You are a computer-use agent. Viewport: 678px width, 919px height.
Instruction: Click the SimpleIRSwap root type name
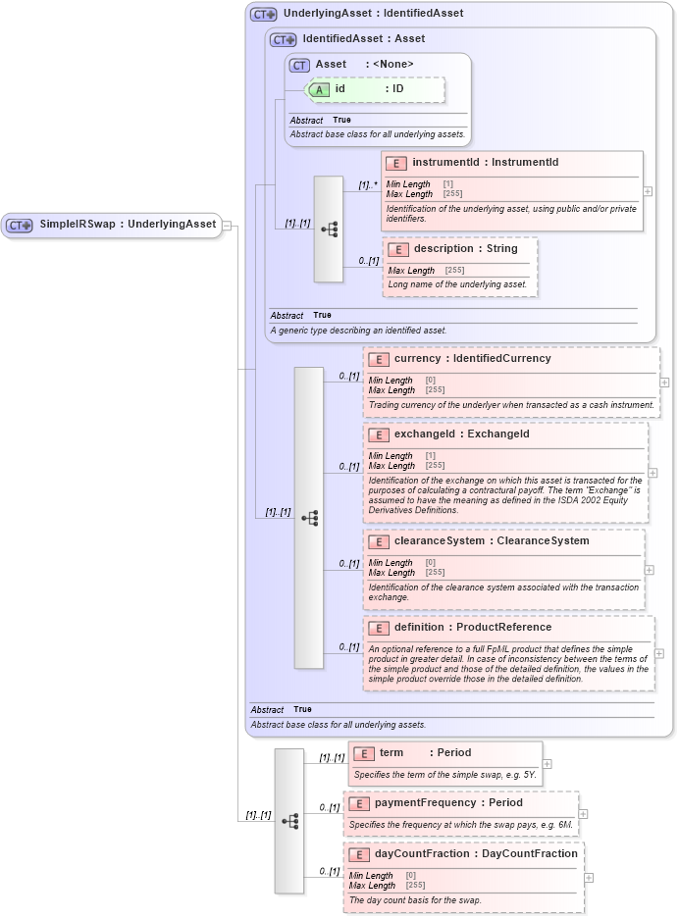(x=78, y=225)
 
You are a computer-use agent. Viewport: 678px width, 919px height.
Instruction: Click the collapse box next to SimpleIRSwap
(x=227, y=225)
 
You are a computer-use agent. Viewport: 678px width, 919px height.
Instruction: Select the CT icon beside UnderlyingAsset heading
(x=264, y=15)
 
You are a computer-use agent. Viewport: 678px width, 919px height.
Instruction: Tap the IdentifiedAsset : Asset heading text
(x=363, y=39)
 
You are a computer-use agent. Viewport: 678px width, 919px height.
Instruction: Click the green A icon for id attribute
(x=320, y=89)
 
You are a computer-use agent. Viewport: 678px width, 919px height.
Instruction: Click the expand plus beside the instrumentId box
(x=648, y=192)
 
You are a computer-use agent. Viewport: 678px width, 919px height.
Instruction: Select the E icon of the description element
(x=398, y=249)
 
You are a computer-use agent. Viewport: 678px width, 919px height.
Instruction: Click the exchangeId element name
(x=412, y=434)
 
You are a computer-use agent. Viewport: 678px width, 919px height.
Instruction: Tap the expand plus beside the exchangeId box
(x=653, y=473)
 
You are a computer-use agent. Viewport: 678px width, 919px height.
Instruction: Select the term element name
(x=391, y=753)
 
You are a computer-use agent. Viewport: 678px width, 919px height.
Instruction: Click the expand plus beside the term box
(x=547, y=763)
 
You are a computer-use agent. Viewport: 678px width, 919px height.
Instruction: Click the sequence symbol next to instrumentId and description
(x=329, y=230)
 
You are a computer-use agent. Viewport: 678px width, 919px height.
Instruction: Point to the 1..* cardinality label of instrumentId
(x=368, y=184)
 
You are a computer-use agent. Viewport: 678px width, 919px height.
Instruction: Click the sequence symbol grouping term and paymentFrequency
(x=289, y=821)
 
